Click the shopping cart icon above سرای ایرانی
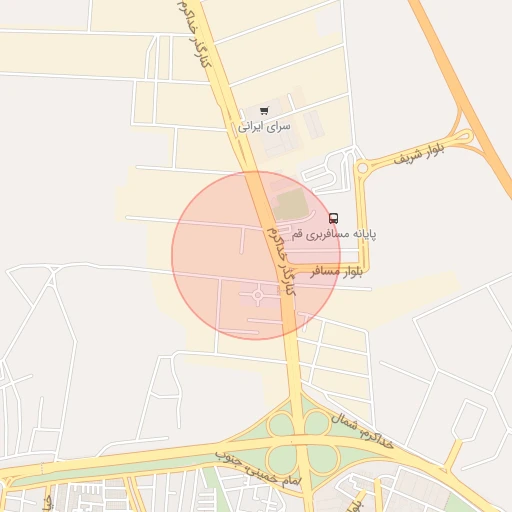[264, 111]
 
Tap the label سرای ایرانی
[264, 127]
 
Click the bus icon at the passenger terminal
[333, 218]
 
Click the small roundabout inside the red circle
[258, 295]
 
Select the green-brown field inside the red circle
[291, 204]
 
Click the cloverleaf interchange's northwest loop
[283, 425]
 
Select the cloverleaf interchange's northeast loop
[317, 423]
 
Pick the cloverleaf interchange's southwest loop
[284, 459]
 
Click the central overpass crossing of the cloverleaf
[301, 442]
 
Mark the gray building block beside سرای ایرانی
[313, 125]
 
